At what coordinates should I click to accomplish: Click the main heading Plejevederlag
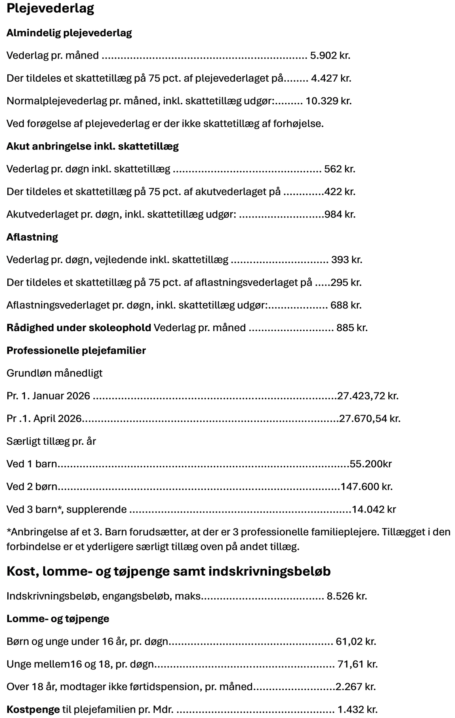point(50,9)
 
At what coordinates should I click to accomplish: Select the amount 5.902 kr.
point(330,55)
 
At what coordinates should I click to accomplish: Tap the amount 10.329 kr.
point(329,101)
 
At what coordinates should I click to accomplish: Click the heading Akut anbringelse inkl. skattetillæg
point(93,146)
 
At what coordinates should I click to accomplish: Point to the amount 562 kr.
point(339,169)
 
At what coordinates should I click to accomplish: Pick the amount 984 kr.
point(340,214)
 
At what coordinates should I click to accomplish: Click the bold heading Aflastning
point(32,237)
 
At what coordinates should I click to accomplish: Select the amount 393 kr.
point(346,260)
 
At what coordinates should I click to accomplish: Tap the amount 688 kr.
point(345,305)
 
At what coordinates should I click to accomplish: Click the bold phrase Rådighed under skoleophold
point(79,327)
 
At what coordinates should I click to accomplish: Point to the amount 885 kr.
point(352,327)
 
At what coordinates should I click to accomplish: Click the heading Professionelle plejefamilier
point(76,350)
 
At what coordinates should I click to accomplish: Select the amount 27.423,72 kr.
point(368,395)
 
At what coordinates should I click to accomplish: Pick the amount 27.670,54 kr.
point(370,418)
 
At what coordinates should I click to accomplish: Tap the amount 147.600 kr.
point(367,486)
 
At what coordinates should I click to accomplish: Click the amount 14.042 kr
point(374,509)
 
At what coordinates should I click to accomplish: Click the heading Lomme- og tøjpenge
point(58,619)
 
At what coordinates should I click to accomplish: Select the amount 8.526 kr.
point(347,596)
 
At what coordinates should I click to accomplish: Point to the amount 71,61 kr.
point(357,664)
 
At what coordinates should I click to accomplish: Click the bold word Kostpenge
point(33,709)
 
